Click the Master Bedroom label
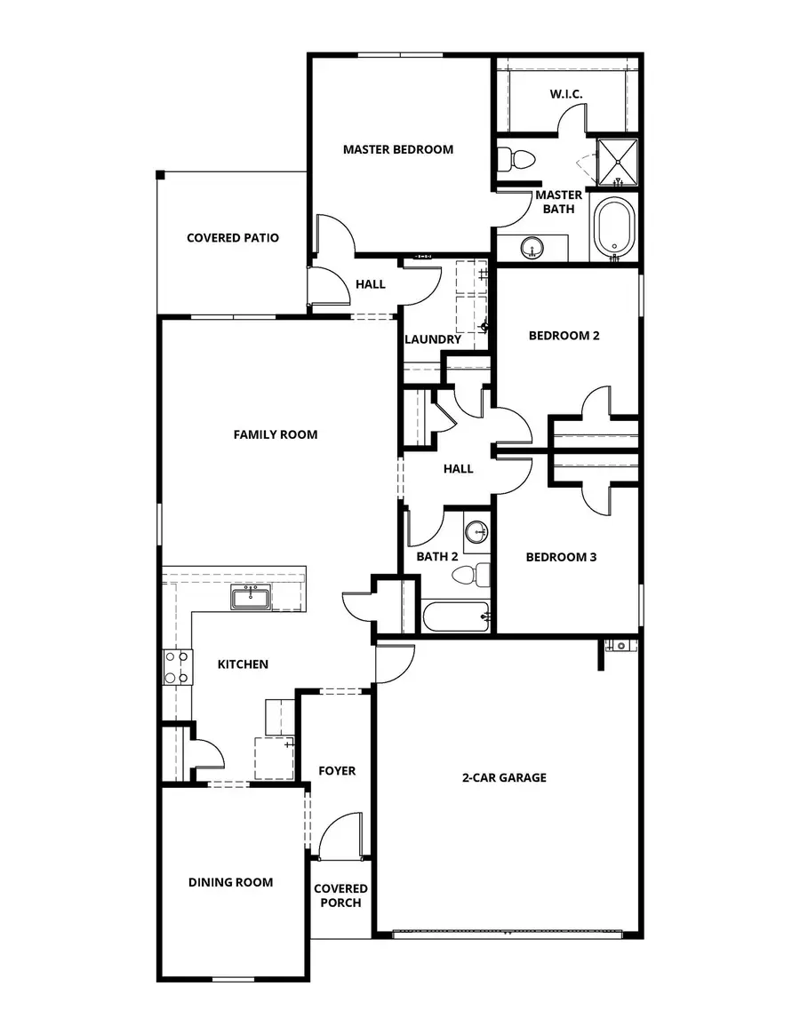(x=398, y=149)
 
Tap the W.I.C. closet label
(x=566, y=94)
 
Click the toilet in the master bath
(x=516, y=160)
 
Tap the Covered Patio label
(x=233, y=238)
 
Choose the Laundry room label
(x=433, y=339)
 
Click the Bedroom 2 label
(x=564, y=336)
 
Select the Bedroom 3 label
(x=561, y=558)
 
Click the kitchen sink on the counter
(x=252, y=599)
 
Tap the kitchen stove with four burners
(x=177, y=667)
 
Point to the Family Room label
(x=276, y=434)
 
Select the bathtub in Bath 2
(x=456, y=616)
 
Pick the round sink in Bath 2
(x=477, y=532)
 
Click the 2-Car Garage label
(x=504, y=778)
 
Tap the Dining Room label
(x=230, y=882)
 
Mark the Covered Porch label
(x=340, y=895)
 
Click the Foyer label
(x=337, y=771)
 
